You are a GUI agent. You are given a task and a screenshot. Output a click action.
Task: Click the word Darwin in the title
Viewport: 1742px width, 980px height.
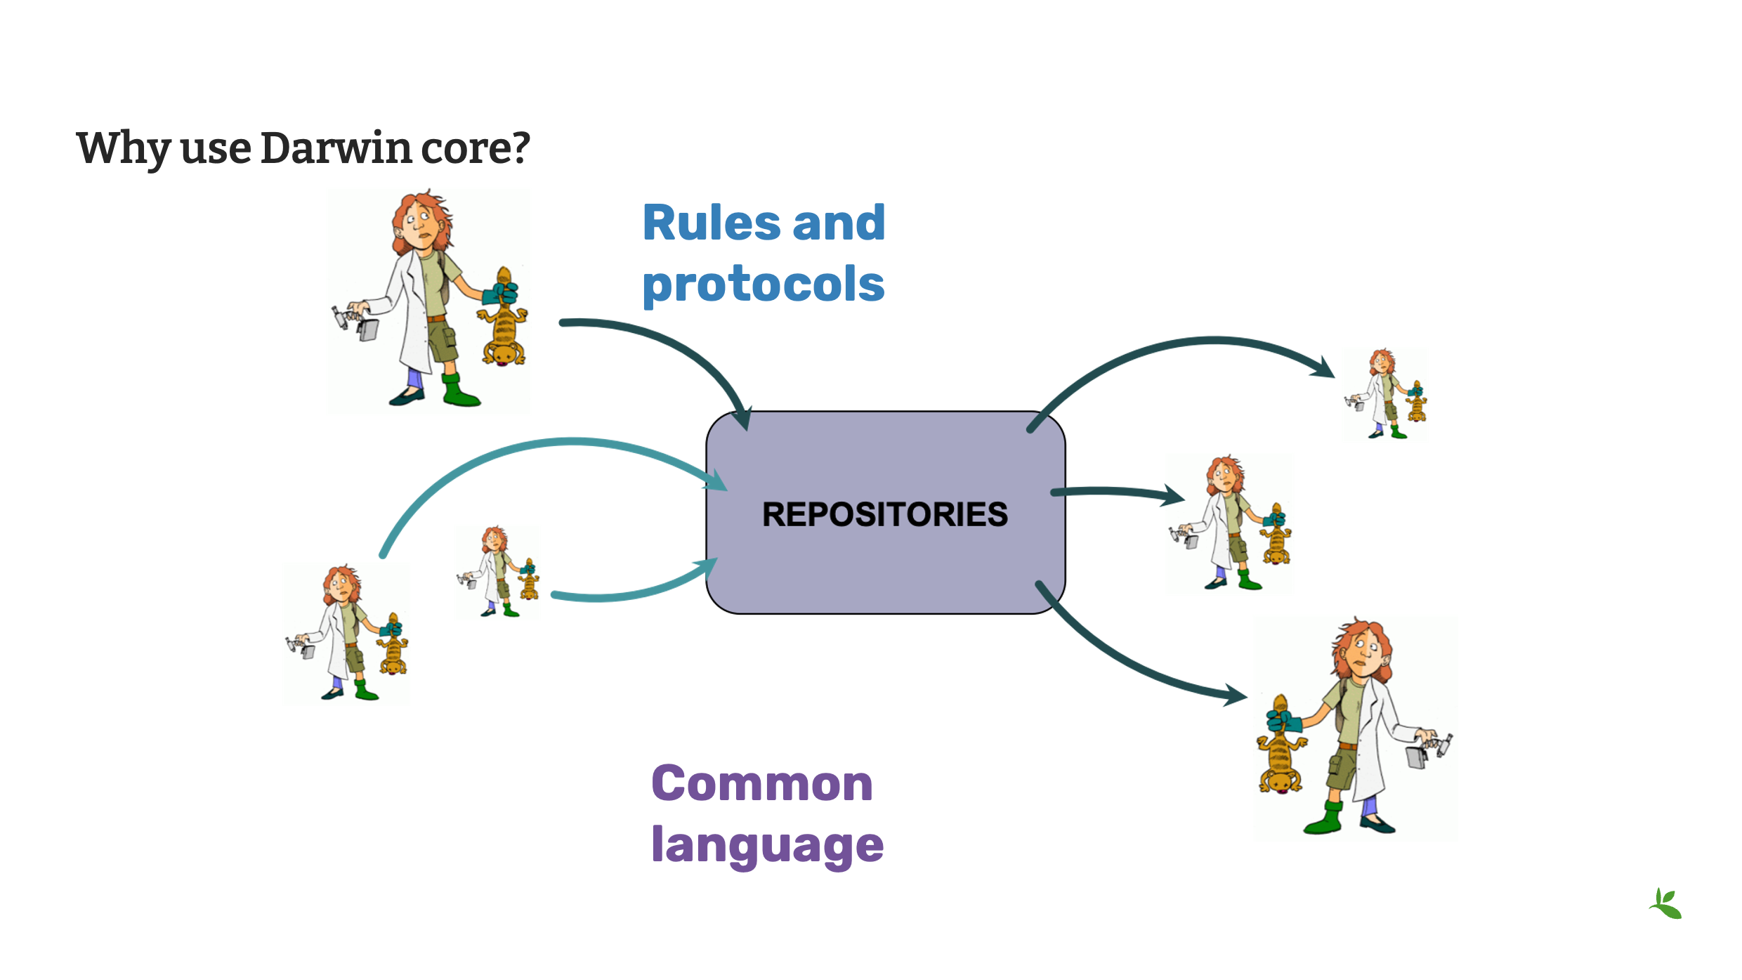point(336,148)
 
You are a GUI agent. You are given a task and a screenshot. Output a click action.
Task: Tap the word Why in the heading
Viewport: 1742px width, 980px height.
point(124,148)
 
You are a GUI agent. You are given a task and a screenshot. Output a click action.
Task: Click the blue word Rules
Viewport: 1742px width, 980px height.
point(712,223)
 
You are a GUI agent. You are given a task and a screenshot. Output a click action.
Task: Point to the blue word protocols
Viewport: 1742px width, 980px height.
point(764,285)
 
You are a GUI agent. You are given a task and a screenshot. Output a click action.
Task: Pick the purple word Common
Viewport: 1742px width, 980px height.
point(762,783)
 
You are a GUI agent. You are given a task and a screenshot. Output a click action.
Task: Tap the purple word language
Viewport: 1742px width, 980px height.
point(767,845)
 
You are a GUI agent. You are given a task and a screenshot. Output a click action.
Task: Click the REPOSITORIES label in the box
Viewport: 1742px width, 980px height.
point(885,514)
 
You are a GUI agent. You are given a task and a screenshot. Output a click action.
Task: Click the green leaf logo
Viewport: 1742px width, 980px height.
point(1666,904)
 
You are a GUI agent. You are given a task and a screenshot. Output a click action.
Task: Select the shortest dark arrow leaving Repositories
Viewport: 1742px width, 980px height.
point(1117,493)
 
